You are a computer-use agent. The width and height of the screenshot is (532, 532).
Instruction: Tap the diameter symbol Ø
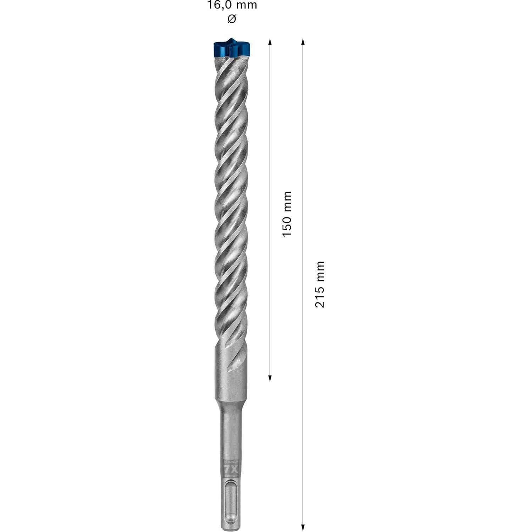232,19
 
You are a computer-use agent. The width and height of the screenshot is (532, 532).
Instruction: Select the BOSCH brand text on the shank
231,462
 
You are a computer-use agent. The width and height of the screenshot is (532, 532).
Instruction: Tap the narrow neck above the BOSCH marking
231,433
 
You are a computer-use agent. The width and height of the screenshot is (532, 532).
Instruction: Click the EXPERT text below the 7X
231,475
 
